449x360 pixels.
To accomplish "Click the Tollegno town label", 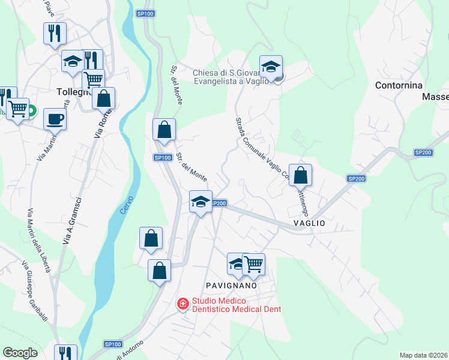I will pos(73,92).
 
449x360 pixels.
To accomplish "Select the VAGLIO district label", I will pos(309,223).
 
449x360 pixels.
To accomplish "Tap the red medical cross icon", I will pos(182,305).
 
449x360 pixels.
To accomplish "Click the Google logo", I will pos(20,353).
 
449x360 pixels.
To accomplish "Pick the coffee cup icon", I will pos(55,119).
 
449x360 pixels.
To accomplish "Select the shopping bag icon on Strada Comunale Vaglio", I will pos(301,175).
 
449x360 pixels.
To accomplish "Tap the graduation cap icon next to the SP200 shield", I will pos(200,201).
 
